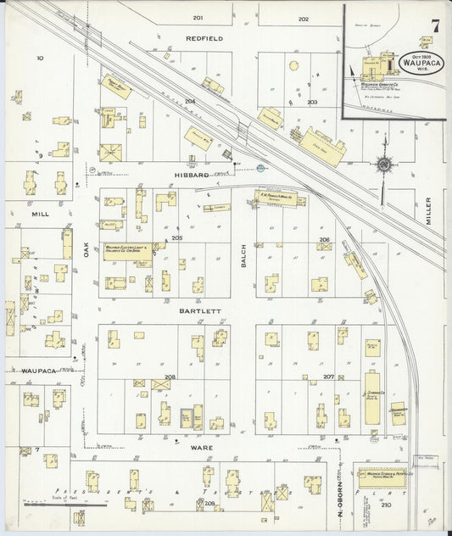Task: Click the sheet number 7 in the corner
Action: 434,25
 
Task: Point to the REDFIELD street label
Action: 204,38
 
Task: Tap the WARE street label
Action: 201,447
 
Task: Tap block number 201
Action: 198,18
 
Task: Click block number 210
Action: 387,505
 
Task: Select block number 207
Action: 327,376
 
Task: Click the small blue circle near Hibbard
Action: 261,168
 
